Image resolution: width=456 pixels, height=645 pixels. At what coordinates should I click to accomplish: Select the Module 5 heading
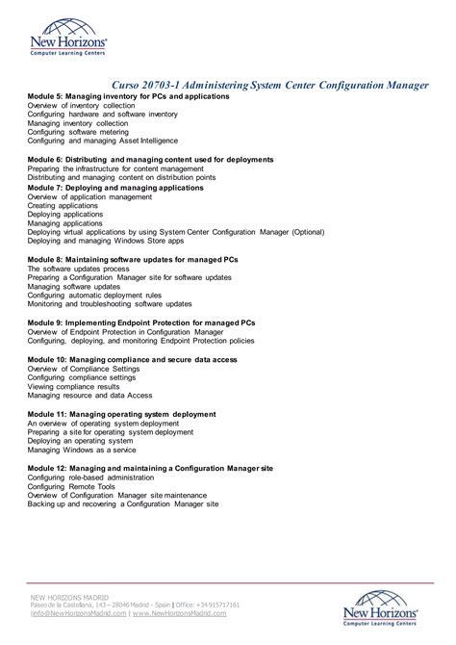tap(128, 97)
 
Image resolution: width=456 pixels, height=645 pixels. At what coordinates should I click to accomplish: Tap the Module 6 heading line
tap(150, 159)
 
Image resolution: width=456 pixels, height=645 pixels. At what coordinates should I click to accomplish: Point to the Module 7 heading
tap(115, 188)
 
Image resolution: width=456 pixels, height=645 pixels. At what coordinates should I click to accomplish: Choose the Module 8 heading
tap(133, 259)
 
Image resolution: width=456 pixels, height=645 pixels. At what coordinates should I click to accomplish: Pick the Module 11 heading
tap(121, 414)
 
